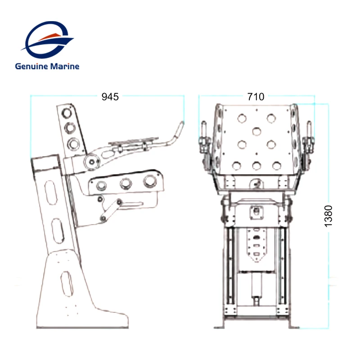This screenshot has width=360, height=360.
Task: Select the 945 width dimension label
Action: pos(110,96)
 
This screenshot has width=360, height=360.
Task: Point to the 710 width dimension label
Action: pos(256,96)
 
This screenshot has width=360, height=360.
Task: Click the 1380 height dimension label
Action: pos(329,216)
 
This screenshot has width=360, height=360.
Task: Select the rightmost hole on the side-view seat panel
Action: pos(148,182)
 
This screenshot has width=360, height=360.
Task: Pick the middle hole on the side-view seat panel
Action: pos(125,183)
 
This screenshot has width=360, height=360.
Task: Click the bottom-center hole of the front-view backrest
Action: pos(257,165)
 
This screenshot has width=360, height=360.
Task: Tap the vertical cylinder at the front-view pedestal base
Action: pos(257,288)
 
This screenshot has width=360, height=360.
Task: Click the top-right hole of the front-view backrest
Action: pos(271,118)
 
